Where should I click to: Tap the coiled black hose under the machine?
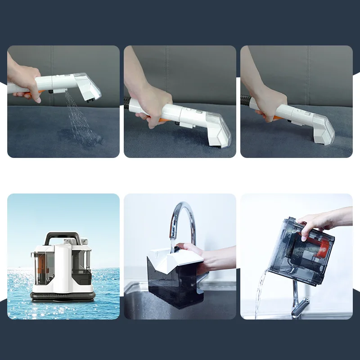click(63, 296)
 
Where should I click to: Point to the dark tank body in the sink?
click(173, 288)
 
